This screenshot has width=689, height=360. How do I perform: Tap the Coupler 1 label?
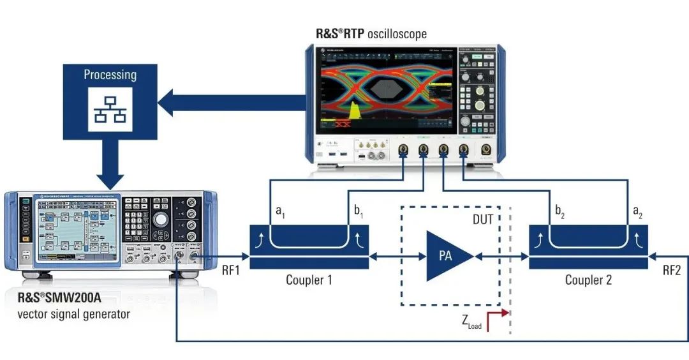(309, 280)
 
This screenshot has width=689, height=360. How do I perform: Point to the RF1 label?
(230, 270)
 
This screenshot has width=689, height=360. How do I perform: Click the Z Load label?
(471, 322)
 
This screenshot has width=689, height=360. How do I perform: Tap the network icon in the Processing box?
(110, 109)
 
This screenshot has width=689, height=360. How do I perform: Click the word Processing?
(110, 75)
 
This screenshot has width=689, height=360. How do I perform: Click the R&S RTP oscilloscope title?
(371, 33)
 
